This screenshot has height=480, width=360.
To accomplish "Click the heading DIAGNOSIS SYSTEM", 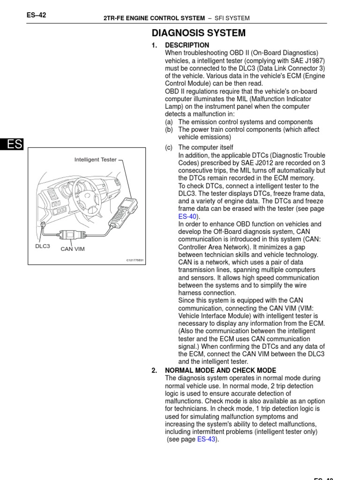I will click(x=198, y=33).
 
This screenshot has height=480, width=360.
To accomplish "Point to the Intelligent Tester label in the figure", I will click(x=96, y=160).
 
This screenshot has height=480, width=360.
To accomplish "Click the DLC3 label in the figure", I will click(x=42, y=246).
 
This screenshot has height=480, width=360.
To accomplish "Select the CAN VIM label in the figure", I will click(x=73, y=249).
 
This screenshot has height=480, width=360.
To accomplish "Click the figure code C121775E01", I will click(x=135, y=260).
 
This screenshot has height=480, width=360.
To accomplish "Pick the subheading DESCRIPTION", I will click(x=187, y=45).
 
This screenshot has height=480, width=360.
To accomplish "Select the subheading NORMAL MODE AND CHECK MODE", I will click(x=220, y=370).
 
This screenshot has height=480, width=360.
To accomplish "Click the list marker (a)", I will click(x=169, y=122).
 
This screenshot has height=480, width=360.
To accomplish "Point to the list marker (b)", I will click(x=169, y=130).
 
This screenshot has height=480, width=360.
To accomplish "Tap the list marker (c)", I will click(x=169, y=148).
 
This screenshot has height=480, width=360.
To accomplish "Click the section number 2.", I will click(x=154, y=370).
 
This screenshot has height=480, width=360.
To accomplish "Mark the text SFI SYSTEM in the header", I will click(x=232, y=18).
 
